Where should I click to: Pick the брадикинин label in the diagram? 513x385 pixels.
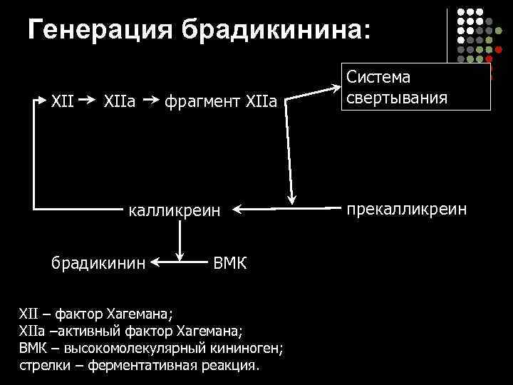pyautogui.click(x=98, y=264)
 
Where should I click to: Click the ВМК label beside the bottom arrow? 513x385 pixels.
pyautogui.click(x=230, y=265)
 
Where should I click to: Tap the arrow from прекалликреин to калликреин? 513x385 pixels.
pyautogui.click(x=285, y=210)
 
